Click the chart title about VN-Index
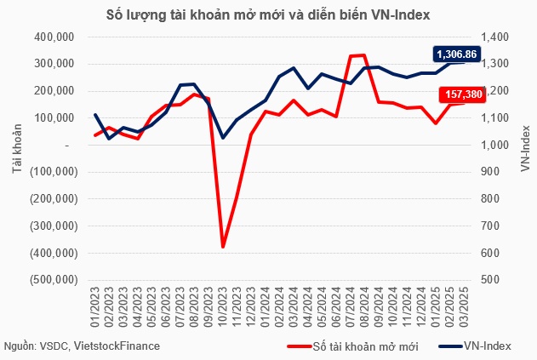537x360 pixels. [x=268, y=14]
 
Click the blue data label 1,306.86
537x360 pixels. [x=457, y=54]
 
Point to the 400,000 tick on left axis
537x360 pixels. [x=54, y=37]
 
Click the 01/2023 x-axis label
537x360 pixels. [x=95, y=306]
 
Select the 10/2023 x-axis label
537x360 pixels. [x=223, y=306]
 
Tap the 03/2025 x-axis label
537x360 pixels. [x=465, y=306]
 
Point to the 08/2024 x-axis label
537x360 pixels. [x=365, y=306]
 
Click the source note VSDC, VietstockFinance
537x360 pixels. [x=81, y=346]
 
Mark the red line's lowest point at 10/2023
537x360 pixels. [x=223, y=248]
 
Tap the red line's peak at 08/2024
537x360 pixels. [x=365, y=55]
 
